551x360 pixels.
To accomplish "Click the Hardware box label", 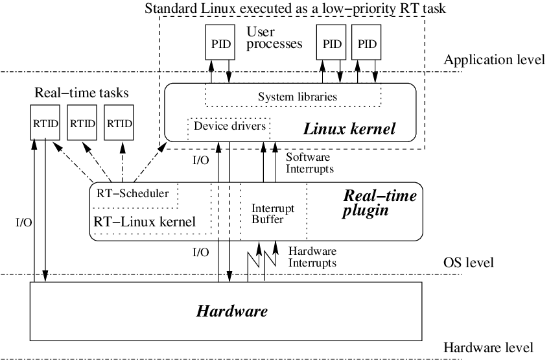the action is point(232,311).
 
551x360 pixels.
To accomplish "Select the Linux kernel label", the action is point(349,128).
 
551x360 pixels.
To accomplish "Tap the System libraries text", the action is point(298,97).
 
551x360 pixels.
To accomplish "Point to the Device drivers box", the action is point(229,128).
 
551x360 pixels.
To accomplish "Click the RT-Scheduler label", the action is point(132,193).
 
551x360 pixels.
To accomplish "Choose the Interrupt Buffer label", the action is point(273,214).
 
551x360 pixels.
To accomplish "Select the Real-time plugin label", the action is point(379,203).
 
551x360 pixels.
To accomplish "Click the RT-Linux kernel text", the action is point(145,221).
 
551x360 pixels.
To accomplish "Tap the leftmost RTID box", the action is point(45,123).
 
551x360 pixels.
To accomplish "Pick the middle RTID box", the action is point(82,123).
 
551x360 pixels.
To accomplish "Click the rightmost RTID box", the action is point(119,123).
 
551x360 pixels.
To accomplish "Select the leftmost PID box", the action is point(220,42).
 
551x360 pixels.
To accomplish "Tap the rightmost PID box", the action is point(366,42).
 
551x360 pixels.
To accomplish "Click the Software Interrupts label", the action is point(310,163).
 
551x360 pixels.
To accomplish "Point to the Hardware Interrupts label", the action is point(312,257).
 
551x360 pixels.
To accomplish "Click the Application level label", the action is point(494,60).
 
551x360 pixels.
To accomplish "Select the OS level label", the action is point(469,262).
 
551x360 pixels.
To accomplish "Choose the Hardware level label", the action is point(489,347).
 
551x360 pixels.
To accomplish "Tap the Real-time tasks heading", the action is point(82,93).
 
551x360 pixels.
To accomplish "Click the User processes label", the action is point(274,38).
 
